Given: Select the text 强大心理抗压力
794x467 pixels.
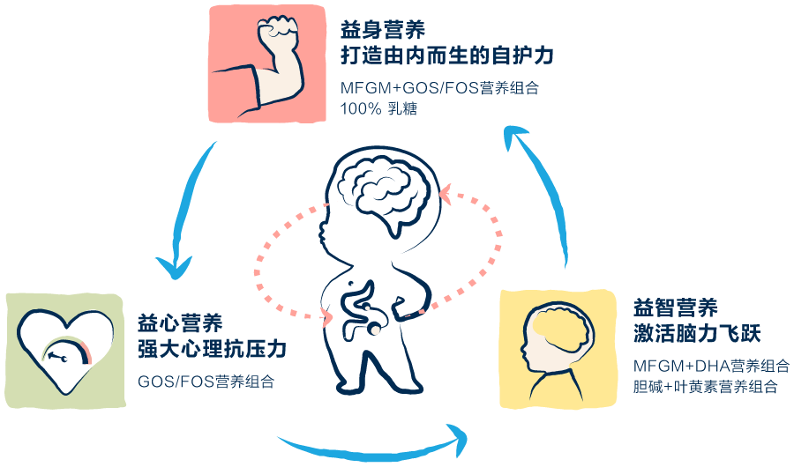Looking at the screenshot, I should [x=213, y=349].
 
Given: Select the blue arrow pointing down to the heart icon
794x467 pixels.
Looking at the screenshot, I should [x=188, y=209].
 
